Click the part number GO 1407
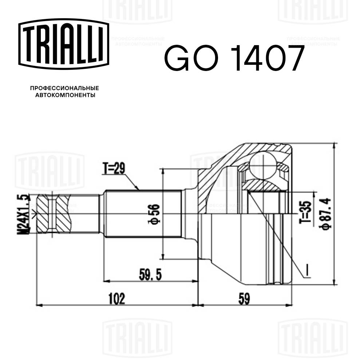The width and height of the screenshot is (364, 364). [x=233, y=58]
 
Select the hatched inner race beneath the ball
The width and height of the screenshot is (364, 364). [x=264, y=186]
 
